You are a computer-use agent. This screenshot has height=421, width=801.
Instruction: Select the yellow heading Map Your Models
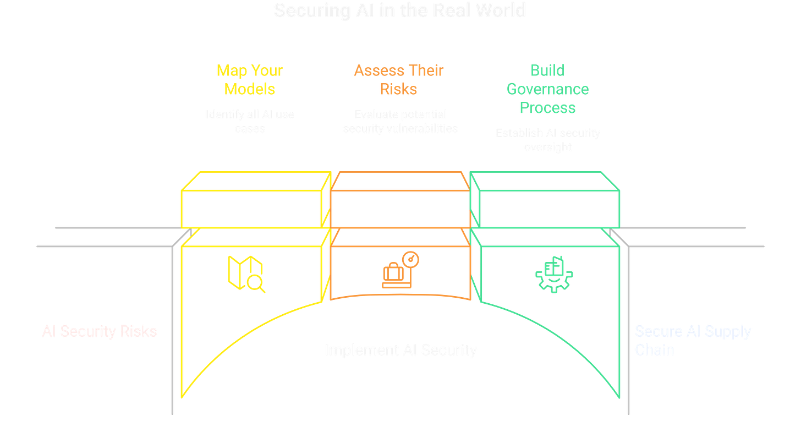tap(250, 80)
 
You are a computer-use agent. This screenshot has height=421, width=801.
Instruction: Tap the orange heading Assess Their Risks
tap(398, 80)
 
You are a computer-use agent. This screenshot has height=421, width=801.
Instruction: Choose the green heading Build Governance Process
tap(547, 89)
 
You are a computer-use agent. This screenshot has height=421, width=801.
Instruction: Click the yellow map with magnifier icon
tap(245, 274)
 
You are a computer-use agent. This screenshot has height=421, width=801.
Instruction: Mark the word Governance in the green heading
tap(547, 89)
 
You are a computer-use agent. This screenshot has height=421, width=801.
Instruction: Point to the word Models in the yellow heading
tap(250, 89)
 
